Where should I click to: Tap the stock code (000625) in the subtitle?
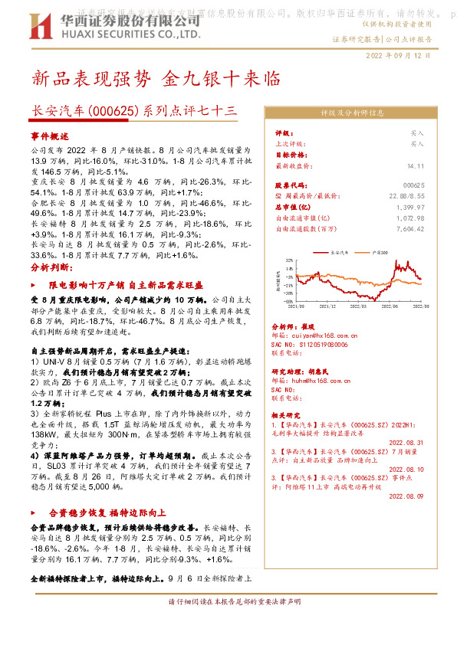(114, 111)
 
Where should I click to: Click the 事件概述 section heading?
(50, 135)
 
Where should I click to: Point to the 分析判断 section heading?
(50, 267)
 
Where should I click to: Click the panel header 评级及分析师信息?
(352, 113)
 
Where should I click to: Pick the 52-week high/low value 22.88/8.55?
(407, 196)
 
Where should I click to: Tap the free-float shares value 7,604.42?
(409, 228)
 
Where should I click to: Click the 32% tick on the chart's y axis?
(288, 260)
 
